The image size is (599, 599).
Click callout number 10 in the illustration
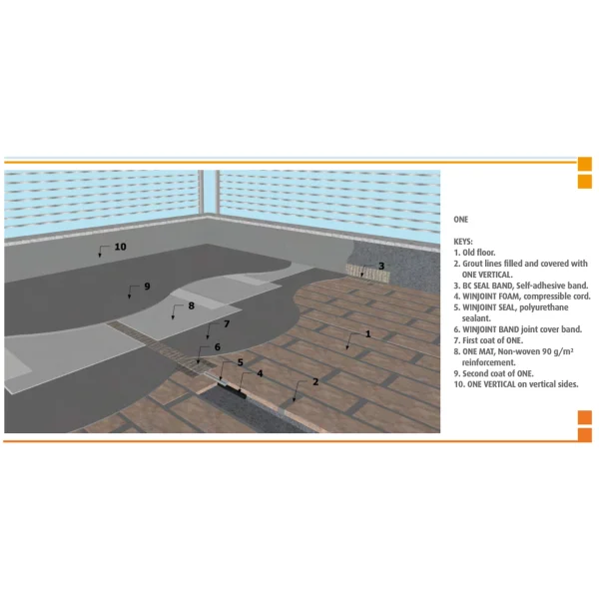(120, 247)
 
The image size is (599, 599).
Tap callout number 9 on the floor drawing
(146, 287)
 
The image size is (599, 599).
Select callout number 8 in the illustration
(191, 305)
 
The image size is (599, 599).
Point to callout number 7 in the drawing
(227, 324)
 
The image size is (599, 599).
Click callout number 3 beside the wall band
(380, 266)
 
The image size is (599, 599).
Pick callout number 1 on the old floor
(367, 333)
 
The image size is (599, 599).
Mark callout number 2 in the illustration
(315, 382)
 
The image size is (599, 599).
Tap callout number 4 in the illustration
(261, 373)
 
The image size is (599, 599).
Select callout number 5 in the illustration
(240, 361)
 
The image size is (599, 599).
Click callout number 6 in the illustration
(217, 346)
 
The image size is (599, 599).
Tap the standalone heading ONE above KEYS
(461, 218)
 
